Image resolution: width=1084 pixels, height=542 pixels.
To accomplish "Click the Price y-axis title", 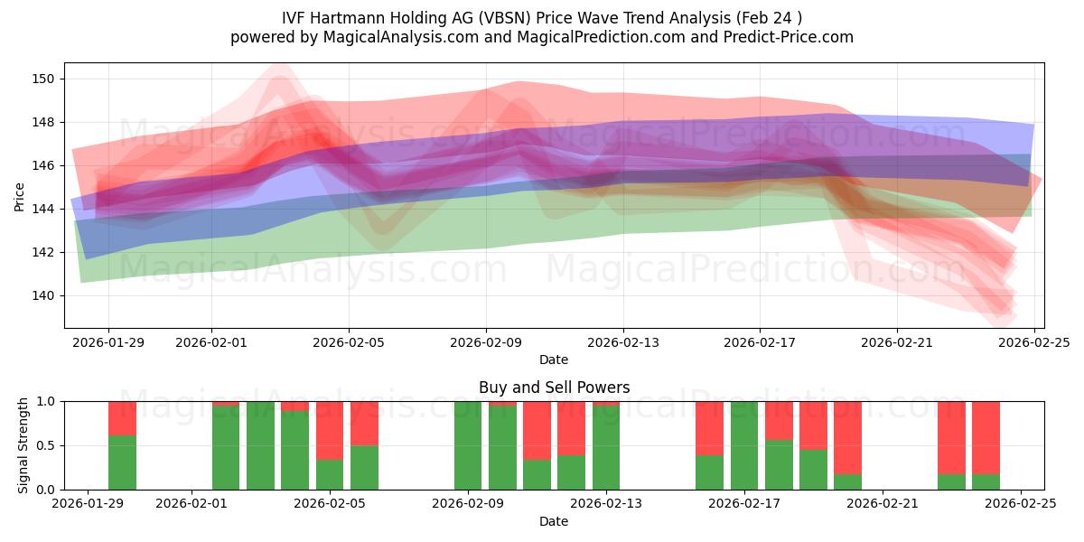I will pyautogui.click(x=20, y=195).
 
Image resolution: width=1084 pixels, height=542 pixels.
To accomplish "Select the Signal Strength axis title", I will pyautogui.click(x=24, y=445).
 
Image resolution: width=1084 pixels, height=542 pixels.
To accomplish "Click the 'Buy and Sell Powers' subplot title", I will pyautogui.click(x=554, y=388).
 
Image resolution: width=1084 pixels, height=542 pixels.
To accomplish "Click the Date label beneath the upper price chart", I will pyautogui.click(x=554, y=360).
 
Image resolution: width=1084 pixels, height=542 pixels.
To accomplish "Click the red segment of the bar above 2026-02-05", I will pyautogui.click(x=330, y=429).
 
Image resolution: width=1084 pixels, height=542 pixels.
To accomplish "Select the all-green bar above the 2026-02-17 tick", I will pyautogui.click(x=743, y=445).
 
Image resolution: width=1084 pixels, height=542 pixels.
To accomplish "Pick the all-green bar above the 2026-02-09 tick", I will pyautogui.click(x=468, y=445).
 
